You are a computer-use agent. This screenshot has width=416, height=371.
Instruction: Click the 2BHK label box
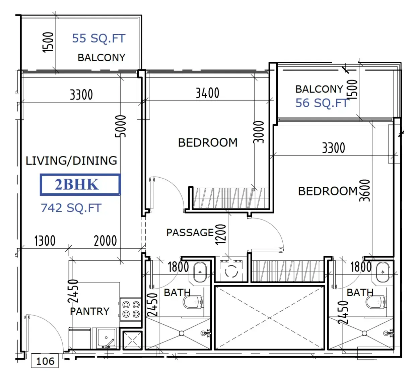click(x=80, y=184)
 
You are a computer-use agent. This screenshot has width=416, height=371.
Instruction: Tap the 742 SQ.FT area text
click(x=71, y=208)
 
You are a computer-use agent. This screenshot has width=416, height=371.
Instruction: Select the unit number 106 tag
click(x=45, y=361)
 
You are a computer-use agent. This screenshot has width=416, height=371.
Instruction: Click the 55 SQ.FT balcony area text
click(x=98, y=38)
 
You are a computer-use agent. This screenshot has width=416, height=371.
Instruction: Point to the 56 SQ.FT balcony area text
click(x=322, y=103)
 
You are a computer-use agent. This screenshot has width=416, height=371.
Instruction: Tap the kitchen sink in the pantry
click(x=107, y=338)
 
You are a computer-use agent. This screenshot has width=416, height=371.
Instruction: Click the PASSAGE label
click(x=190, y=233)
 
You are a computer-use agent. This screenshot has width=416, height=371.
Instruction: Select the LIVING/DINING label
click(x=71, y=161)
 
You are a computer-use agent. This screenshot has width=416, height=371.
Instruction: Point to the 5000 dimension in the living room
click(x=121, y=126)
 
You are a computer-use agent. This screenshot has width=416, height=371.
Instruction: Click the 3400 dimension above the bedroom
click(x=207, y=93)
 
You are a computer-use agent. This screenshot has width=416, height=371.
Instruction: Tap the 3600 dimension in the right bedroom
click(x=364, y=190)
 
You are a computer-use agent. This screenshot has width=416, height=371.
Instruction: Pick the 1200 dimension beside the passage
click(x=220, y=234)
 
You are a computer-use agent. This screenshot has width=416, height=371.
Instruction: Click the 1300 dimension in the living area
click(x=45, y=241)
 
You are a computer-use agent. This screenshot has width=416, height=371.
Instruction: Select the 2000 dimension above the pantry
click(x=105, y=241)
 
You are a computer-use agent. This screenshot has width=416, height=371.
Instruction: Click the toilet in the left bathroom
click(x=193, y=302)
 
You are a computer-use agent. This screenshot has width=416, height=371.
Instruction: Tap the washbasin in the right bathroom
click(x=383, y=272)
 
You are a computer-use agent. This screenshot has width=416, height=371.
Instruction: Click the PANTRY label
click(x=89, y=311)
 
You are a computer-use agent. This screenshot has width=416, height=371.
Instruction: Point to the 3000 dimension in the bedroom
click(x=259, y=132)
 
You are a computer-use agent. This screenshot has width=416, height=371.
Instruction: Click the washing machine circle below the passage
click(x=231, y=271)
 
